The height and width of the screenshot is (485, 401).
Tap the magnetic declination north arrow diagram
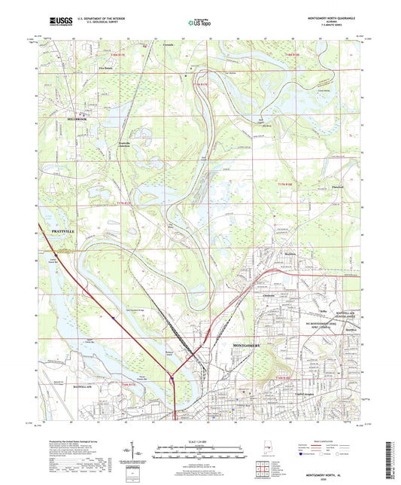[x=141, y=450]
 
